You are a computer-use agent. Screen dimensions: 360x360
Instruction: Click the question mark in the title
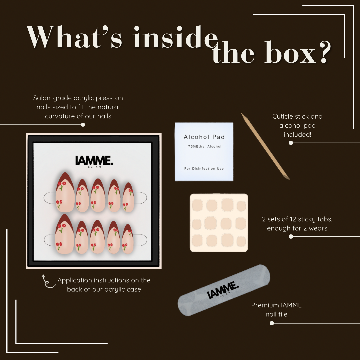pyautogui.click(x=325, y=52)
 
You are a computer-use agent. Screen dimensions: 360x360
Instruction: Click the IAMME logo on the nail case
pyautogui.click(x=94, y=161)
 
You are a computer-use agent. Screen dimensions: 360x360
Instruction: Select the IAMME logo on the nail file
pyautogui.click(x=223, y=290)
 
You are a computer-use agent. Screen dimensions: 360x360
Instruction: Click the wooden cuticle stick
pyautogui.click(x=265, y=146)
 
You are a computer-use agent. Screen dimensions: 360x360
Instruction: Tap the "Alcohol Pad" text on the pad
pyautogui.click(x=204, y=137)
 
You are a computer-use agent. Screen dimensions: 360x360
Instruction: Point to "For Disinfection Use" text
pyautogui.click(x=204, y=169)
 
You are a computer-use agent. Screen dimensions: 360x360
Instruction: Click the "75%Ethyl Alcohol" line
pyautogui.click(x=205, y=146)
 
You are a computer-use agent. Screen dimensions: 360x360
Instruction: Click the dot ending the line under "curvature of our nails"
pyautogui.click(x=83, y=125)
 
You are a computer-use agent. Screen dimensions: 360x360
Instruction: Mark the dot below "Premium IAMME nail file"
pyautogui.click(x=272, y=323)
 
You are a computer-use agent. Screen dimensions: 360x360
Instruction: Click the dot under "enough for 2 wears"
pyautogui.click(x=291, y=236)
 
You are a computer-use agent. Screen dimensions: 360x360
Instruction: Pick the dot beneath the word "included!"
pyautogui.click(x=291, y=143)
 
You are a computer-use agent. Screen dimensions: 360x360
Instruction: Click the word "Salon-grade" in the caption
pyautogui.click(x=52, y=98)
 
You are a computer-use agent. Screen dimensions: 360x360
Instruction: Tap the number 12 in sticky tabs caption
pyautogui.click(x=293, y=219)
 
